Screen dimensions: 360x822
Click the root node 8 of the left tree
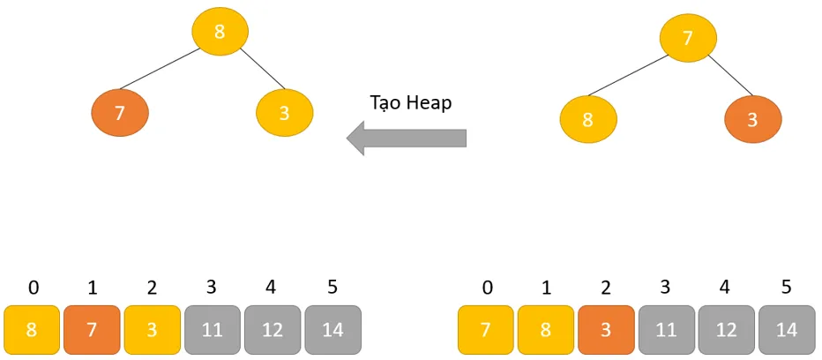pyautogui.click(x=220, y=32)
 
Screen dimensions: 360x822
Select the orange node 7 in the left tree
pyautogui.click(x=120, y=113)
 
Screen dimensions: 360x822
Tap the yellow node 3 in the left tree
pyautogui.click(x=284, y=113)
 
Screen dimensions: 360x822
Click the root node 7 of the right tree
pyautogui.click(x=688, y=38)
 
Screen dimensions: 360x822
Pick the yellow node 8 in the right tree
pyautogui.click(x=588, y=119)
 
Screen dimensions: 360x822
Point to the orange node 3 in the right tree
pyautogui.click(x=752, y=119)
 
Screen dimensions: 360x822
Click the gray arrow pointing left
pyautogui.click(x=407, y=139)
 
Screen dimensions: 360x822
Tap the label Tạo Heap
pyautogui.click(x=410, y=102)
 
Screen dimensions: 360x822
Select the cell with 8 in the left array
pyautogui.click(x=32, y=330)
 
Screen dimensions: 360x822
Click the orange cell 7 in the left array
pyautogui.click(x=92, y=330)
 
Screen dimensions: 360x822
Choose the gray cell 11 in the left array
pyautogui.click(x=213, y=330)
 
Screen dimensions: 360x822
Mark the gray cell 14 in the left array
pyautogui.click(x=333, y=330)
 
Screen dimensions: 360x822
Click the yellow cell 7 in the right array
pyautogui.click(x=486, y=330)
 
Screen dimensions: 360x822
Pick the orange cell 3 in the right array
pyautogui.click(x=606, y=330)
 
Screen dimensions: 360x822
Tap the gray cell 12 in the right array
pyautogui.click(x=727, y=330)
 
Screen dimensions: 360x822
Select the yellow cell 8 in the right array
pyautogui.click(x=546, y=330)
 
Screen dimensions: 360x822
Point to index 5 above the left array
pyautogui.click(x=333, y=288)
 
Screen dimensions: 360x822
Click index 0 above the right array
pyautogui.click(x=486, y=288)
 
